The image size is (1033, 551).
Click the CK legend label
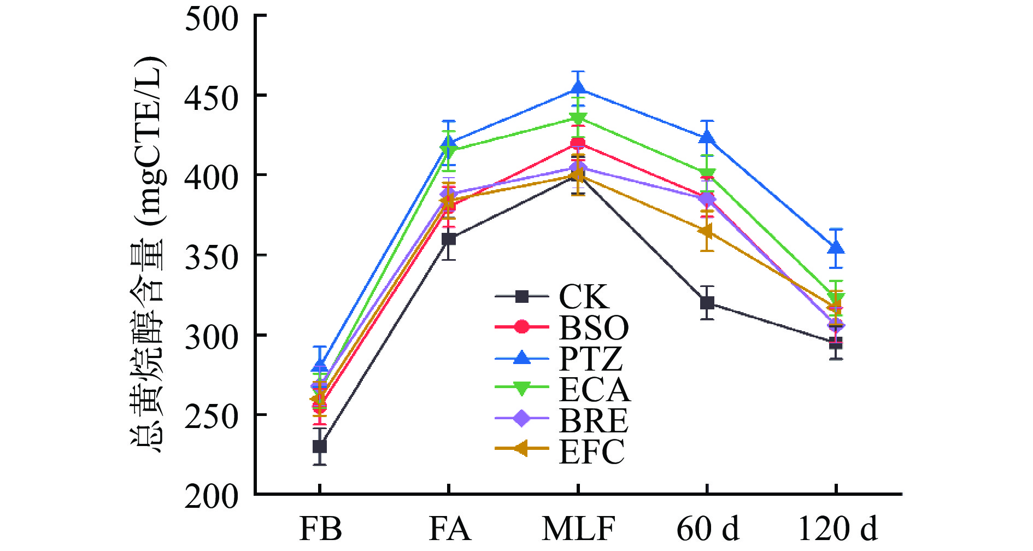pos(583,297)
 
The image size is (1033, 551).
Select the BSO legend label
pos(594,327)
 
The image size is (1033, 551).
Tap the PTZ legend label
pos(590,359)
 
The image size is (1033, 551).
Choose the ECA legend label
pos(594,390)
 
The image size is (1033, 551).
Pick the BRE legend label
pos(594,420)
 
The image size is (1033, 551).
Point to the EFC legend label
pos(591,452)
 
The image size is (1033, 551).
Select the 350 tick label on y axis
pos(212,257)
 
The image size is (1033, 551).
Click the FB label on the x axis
pos(320,529)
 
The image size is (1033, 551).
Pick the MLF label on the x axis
pos(578,529)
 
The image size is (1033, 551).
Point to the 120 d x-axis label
pos(837,529)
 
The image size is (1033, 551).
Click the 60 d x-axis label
pos(708,529)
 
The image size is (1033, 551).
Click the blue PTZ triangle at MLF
pos(578,88)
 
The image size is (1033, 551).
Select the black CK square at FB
pos(320,447)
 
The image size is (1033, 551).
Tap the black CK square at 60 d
pos(707,302)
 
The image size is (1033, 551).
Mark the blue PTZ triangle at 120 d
pos(836,248)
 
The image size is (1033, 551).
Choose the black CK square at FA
pos(449,239)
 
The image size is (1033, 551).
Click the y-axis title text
pos(148,254)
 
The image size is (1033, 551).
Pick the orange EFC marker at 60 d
pos(706,231)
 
